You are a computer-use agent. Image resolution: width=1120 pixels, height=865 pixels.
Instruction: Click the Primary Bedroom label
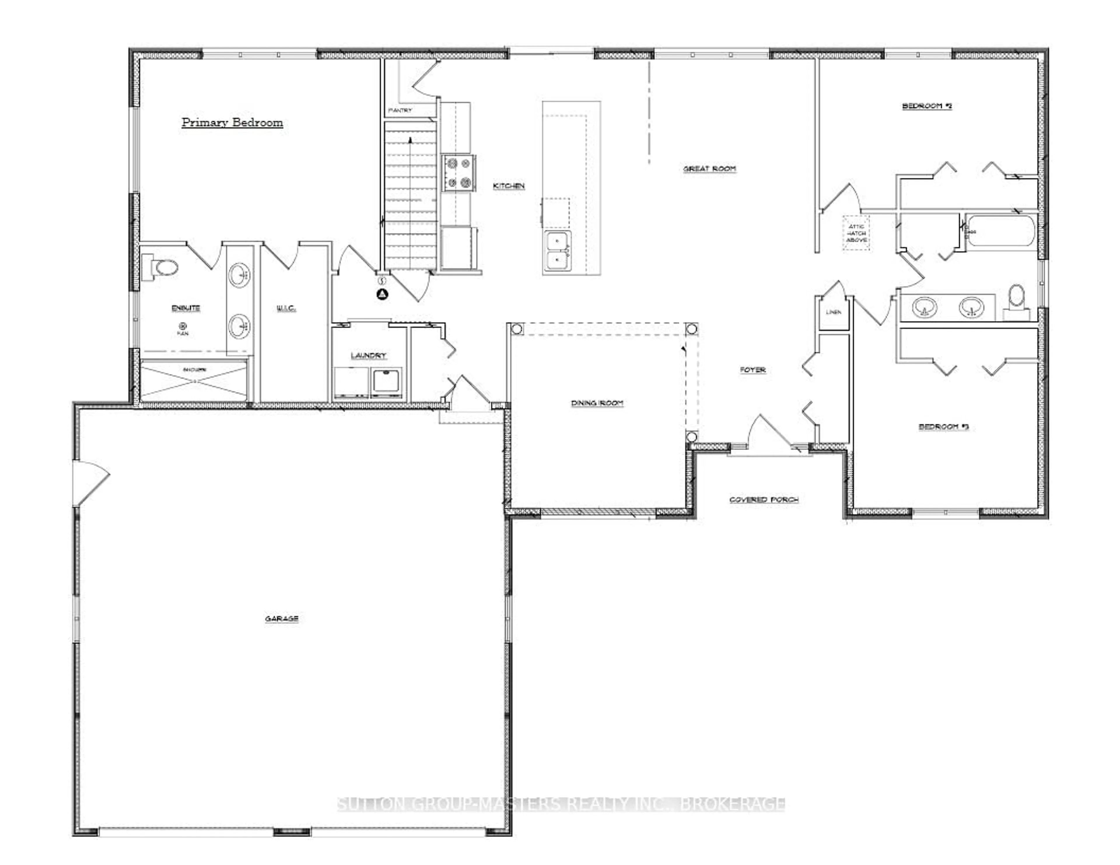232,122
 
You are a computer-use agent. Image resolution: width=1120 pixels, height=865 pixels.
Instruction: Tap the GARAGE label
281,619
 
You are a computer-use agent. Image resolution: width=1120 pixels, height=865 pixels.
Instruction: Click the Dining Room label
597,403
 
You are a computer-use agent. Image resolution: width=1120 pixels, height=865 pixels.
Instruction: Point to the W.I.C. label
286,308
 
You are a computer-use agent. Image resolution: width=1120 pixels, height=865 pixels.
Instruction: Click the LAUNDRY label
368,355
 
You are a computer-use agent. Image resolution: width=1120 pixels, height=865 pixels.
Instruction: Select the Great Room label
709,169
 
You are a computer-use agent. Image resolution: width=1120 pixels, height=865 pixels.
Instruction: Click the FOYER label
752,370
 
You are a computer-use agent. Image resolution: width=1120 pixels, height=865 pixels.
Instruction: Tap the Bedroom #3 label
943,427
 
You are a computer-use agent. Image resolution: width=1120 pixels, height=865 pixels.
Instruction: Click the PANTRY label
400,110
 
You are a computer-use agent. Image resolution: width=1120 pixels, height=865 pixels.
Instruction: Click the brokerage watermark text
561,804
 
